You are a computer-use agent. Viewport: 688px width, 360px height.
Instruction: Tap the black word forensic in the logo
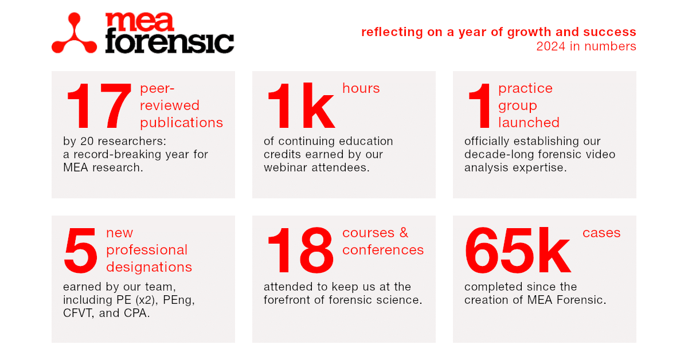click(169, 43)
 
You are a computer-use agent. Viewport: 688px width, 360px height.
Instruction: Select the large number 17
click(99, 107)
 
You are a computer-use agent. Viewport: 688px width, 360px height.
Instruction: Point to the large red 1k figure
click(300, 107)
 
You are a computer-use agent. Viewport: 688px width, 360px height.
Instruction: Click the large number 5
click(81, 251)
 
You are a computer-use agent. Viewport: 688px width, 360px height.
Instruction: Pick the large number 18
click(300, 251)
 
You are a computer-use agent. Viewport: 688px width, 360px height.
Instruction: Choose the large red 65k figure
click(518, 251)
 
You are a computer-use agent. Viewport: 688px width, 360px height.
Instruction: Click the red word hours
click(361, 88)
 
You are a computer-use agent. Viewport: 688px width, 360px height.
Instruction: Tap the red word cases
click(601, 233)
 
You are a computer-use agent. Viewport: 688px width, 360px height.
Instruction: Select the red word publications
click(181, 123)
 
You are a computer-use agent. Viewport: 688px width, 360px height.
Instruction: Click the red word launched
click(529, 123)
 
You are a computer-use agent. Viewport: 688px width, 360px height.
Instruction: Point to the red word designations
click(149, 267)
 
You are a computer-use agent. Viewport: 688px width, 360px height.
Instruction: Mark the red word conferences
click(383, 250)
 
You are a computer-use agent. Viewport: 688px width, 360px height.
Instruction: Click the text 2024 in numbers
click(586, 46)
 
